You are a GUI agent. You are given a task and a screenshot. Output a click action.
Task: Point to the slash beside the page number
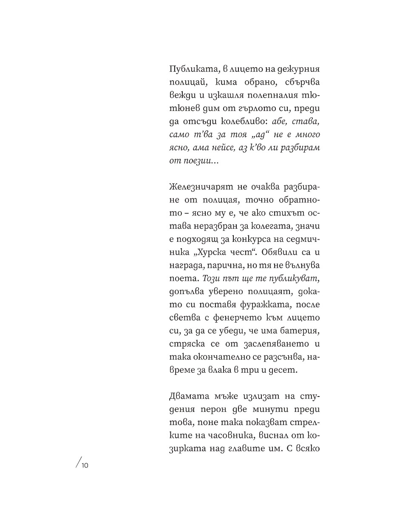coord(77,465)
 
